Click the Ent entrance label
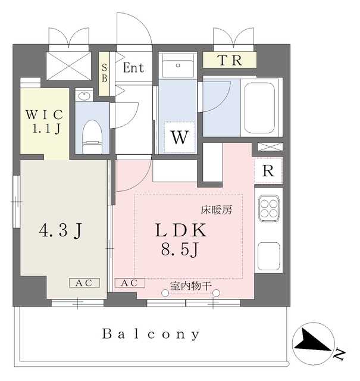133,67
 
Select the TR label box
229,60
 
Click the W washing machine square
180,137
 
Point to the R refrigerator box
268,170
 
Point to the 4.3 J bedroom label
60,230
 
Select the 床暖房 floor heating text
215,210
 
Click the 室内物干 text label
190,286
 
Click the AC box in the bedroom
84,283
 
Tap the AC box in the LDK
129,283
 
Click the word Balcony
151,334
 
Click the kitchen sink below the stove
270,256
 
